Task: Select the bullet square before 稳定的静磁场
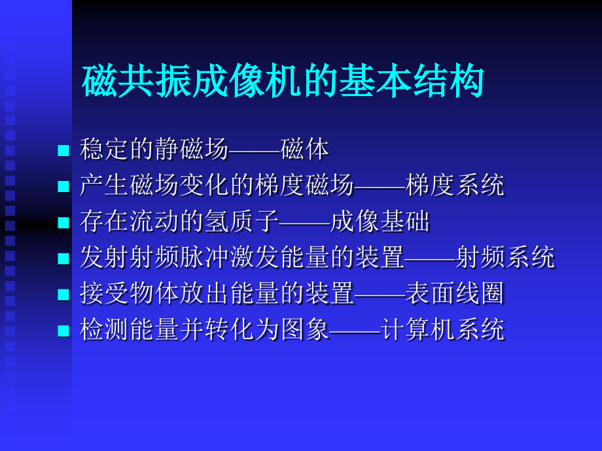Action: pos(63,151)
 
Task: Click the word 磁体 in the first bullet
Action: pos(304,150)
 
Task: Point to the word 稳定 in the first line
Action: pos(105,150)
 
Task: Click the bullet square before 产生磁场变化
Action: pos(63,187)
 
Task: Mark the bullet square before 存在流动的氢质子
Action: pos(63,223)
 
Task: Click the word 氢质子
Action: pos(253,222)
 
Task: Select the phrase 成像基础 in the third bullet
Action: pos(380,222)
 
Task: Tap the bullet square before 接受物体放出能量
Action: pos(63,295)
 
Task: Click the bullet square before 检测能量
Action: pos(63,331)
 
